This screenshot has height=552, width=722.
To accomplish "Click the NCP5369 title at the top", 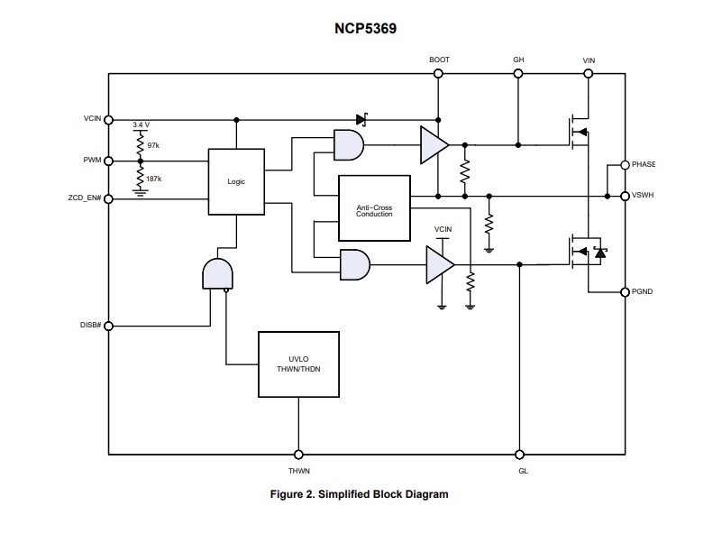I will coord(361,29).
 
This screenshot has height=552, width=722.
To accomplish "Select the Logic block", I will coord(236,181).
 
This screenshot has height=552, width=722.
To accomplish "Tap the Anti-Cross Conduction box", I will coord(373,210).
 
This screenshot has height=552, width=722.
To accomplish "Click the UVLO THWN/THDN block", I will coord(298,364).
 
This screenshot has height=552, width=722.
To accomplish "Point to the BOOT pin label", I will coord(439,60).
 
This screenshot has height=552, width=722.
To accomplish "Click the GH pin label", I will coord(518,60).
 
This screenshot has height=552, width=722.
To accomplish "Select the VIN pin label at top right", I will coord(589,60).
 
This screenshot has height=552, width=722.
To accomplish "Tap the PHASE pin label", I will coord(644,164).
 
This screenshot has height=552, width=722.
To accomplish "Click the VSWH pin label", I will coord(644,196).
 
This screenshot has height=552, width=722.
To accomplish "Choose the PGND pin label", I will coord(644,291).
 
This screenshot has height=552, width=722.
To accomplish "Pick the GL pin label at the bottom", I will coord(520,470).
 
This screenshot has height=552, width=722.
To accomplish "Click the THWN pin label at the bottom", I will coord(298,470).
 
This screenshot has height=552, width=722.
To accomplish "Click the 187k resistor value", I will coord(154,179).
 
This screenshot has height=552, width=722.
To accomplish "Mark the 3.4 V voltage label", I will coord(141,124).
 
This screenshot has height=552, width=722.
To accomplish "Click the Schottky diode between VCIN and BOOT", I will coord(362,118).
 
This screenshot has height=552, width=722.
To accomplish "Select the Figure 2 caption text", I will coord(360,493).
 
